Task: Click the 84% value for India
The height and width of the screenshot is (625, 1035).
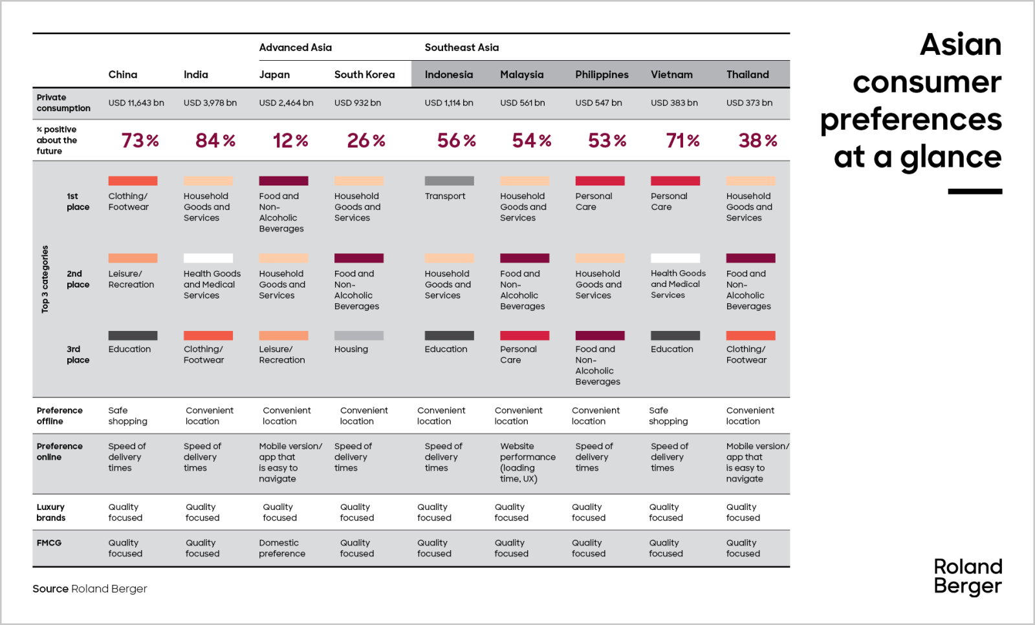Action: (215, 140)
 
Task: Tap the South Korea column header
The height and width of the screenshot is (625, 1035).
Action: (364, 74)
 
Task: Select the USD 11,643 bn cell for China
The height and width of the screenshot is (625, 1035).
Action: (136, 103)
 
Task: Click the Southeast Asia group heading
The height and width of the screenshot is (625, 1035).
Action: (461, 47)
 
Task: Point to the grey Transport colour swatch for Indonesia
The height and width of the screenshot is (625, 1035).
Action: (449, 181)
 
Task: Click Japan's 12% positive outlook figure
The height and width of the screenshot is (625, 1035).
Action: (290, 140)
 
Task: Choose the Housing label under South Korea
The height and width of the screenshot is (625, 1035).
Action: (351, 349)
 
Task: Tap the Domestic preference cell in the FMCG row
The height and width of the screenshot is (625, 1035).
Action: (282, 548)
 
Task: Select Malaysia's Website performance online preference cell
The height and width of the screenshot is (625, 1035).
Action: (527, 462)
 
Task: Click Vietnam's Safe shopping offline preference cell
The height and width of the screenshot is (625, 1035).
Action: (668, 416)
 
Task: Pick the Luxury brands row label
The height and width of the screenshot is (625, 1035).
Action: (51, 512)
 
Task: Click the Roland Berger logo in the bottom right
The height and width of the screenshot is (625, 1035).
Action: (968, 576)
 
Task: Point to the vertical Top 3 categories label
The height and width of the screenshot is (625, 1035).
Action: (45, 279)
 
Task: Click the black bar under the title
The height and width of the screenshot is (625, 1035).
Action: (975, 191)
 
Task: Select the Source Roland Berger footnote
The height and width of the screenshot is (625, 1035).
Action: (90, 589)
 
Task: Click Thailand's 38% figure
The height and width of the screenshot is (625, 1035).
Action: (757, 140)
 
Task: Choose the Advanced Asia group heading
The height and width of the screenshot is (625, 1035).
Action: (295, 47)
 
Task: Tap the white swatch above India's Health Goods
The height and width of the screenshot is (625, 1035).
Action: (208, 258)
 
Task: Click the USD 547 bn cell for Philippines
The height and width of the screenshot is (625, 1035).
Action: (598, 103)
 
